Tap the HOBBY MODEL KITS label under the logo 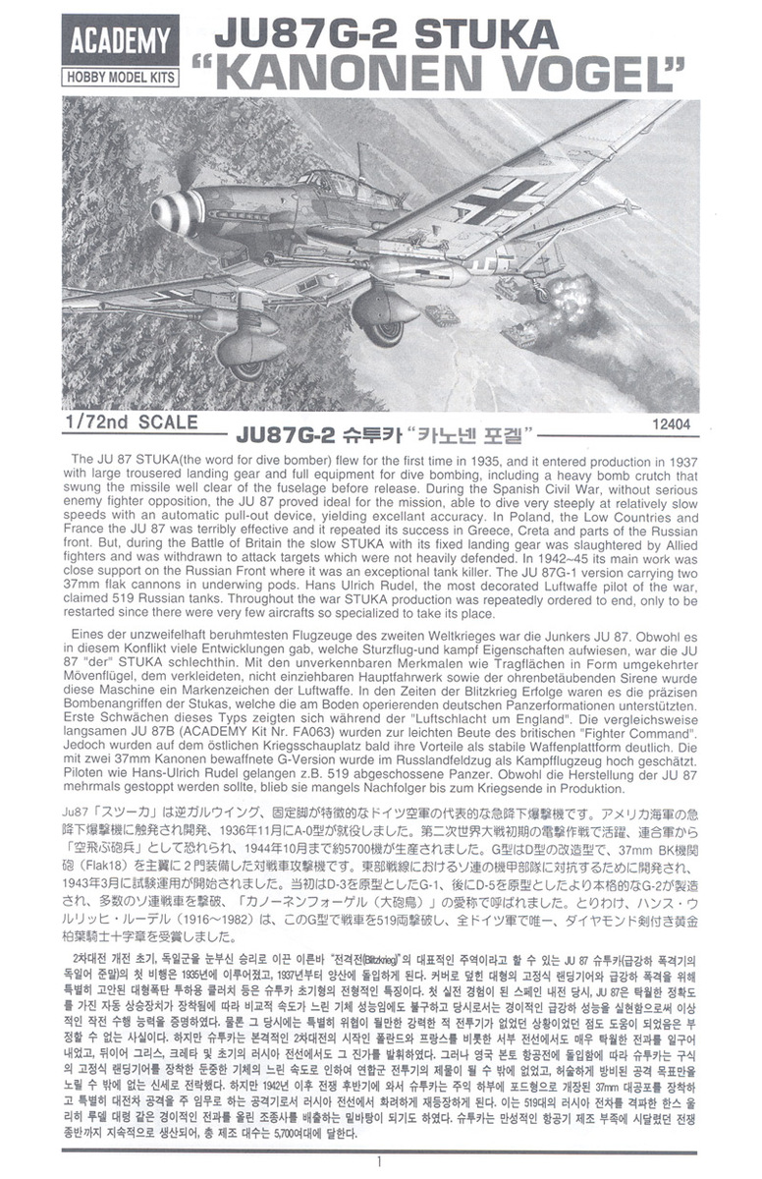118,75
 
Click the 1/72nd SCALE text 128,422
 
